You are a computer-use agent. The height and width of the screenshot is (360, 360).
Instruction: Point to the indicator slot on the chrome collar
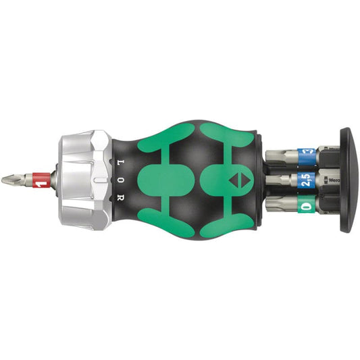(x=100, y=180)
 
